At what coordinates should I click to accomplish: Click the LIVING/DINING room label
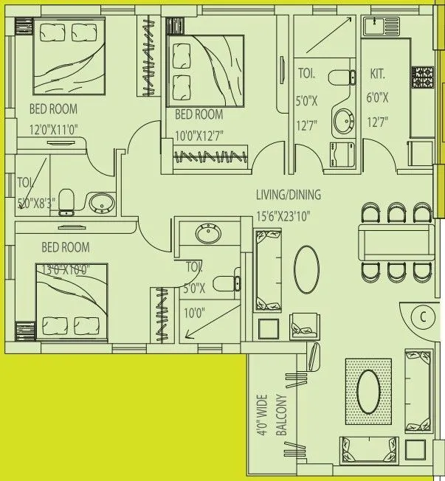pyautogui.click(x=289, y=195)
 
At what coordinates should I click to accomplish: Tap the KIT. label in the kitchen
pyautogui.click(x=378, y=75)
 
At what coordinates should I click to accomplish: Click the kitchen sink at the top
pyautogui.click(x=378, y=27)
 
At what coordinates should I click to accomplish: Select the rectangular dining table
pyautogui.click(x=394, y=242)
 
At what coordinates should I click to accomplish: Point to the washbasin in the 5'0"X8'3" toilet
pyautogui.click(x=99, y=202)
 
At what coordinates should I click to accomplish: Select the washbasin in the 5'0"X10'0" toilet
pyautogui.click(x=207, y=235)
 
